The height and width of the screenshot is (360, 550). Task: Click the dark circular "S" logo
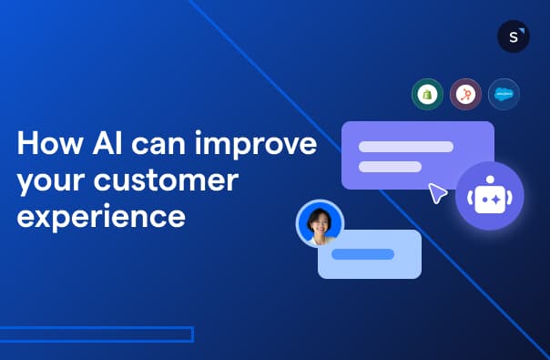(x=514, y=36)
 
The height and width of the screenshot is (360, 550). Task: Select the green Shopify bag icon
(x=426, y=94)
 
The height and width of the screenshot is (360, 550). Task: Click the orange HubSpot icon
(x=465, y=94)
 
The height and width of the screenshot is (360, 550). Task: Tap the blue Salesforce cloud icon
(x=504, y=94)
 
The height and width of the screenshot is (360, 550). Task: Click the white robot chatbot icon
(x=489, y=196)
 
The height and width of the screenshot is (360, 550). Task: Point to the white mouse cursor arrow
(x=438, y=192)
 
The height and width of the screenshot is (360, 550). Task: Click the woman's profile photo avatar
(x=320, y=223)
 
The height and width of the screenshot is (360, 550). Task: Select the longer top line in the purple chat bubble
(x=405, y=146)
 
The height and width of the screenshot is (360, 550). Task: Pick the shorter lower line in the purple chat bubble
(x=390, y=166)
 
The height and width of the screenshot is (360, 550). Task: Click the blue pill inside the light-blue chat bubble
(x=362, y=253)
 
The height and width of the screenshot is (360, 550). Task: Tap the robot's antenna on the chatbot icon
(x=489, y=182)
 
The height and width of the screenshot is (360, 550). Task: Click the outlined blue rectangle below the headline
(x=96, y=334)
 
